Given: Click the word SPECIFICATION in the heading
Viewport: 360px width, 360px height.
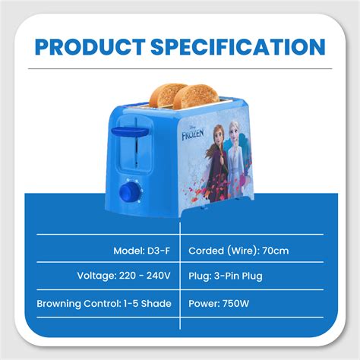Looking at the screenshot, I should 241,48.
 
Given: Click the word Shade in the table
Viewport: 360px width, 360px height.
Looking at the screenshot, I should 156,303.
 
